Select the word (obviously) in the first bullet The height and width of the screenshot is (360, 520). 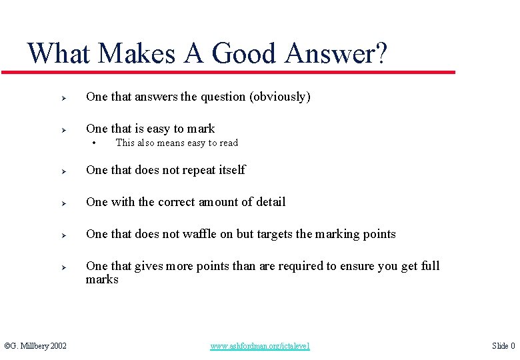(280, 97)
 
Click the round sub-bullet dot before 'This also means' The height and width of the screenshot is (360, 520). (95, 143)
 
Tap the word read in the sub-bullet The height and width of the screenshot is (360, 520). (228, 143)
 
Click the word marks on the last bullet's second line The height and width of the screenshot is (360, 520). (102, 279)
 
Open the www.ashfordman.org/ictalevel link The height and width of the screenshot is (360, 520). (260, 346)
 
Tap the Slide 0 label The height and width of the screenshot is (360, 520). (503, 346)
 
